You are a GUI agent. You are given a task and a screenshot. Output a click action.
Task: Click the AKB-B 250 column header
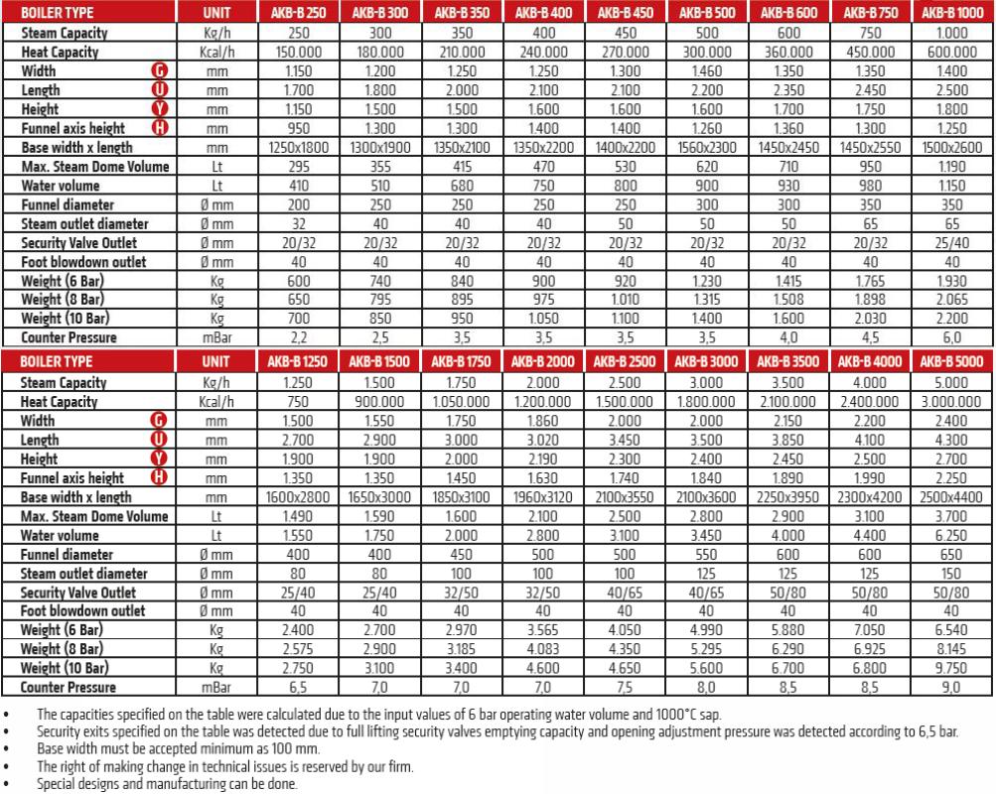coord(298,14)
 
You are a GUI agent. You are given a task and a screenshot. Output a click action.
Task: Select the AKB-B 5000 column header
coord(951,362)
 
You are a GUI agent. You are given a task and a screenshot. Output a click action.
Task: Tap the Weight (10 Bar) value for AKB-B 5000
coord(951,668)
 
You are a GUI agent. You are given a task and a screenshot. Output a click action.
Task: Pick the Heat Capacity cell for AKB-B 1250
coord(298,402)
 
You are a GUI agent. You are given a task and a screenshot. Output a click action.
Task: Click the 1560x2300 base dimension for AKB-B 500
coord(707,147)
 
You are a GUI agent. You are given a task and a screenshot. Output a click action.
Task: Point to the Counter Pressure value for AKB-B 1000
coord(951,337)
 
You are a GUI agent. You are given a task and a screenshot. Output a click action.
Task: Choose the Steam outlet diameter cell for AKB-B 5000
coord(951,574)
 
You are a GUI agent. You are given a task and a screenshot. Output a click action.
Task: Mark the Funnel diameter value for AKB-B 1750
coord(461,554)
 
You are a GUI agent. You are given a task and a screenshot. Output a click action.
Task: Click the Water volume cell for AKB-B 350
coord(461,186)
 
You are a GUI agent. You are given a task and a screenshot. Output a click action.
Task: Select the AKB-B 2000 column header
coord(543,362)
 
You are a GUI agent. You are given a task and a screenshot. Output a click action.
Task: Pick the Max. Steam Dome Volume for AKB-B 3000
coord(707,516)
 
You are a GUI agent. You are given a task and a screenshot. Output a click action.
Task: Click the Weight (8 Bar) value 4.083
coord(543,649)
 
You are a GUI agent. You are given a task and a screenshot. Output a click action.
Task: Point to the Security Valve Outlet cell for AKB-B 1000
coord(951,242)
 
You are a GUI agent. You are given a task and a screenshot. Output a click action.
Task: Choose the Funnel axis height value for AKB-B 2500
coord(625,478)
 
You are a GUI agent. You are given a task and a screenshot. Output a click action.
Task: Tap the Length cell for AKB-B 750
coord(870,90)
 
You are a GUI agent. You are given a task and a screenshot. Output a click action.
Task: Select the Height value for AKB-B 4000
coord(870,459)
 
